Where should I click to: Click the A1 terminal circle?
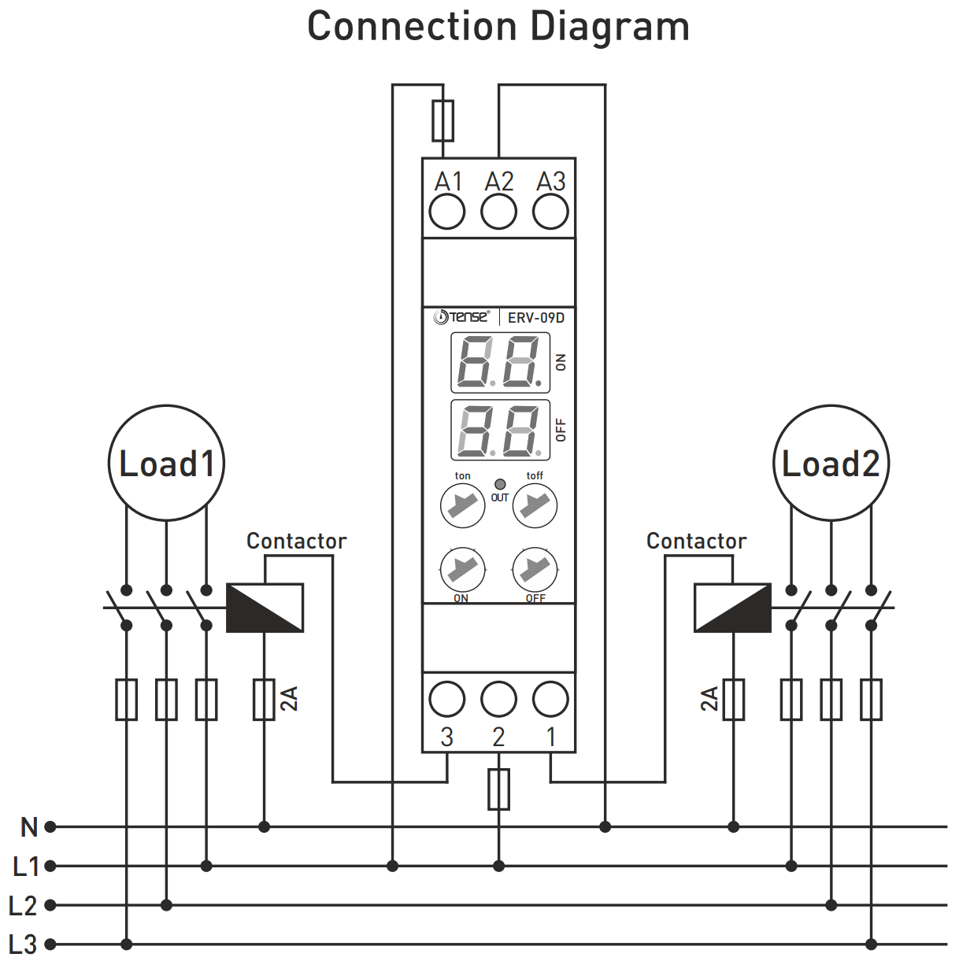(447, 212)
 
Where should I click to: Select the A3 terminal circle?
(550, 212)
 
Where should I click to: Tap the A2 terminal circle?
(499, 212)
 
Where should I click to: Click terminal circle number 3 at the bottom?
(447, 698)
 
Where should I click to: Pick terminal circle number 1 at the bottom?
(550, 698)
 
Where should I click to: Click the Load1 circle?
(166, 463)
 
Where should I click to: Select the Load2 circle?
(831, 463)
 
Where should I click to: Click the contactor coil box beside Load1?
(265, 608)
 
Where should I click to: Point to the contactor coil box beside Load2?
(732, 608)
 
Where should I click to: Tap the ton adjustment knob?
(462, 505)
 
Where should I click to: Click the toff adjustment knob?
(535, 505)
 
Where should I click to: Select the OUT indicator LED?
(500, 484)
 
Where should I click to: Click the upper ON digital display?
(500, 362)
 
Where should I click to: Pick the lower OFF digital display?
(500, 430)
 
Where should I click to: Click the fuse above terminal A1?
(443, 120)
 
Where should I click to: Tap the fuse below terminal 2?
(499, 789)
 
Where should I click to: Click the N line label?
(29, 827)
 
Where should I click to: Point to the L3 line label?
(24, 944)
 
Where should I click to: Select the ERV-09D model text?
(535, 318)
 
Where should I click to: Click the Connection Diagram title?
(498, 27)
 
